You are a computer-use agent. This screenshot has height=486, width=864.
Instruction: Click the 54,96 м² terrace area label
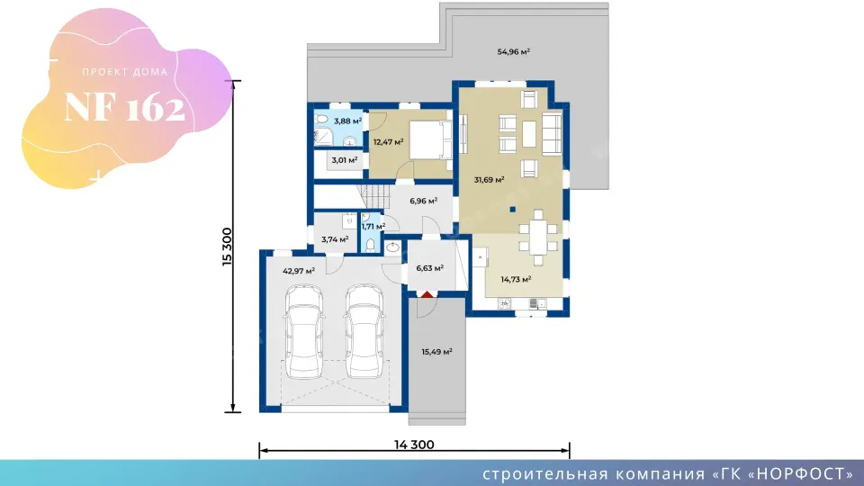[x=514, y=52]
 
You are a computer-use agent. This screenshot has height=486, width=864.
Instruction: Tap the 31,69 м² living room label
[x=490, y=180]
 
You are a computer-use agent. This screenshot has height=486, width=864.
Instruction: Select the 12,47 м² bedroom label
[x=389, y=142]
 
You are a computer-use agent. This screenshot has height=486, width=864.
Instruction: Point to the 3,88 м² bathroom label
[x=347, y=121]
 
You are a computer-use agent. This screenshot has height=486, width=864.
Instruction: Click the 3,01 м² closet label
[x=345, y=160]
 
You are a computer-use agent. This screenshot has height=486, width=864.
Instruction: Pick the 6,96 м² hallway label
[x=424, y=201]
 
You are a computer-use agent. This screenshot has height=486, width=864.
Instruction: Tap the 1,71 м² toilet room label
[x=373, y=227]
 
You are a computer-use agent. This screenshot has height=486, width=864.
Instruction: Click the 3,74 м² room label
[x=335, y=239]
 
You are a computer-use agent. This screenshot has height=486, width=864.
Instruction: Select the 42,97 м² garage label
[x=299, y=271]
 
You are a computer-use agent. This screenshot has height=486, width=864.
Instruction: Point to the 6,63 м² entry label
[x=430, y=268]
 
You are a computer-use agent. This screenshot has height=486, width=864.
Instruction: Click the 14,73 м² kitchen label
[x=516, y=279]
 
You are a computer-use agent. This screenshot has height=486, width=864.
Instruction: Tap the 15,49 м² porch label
[x=437, y=352]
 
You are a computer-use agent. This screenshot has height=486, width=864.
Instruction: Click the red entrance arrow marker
[x=427, y=295]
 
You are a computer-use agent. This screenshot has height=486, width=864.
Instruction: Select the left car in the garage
[x=303, y=331]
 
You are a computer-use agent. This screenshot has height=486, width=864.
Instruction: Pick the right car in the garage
[x=364, y=331]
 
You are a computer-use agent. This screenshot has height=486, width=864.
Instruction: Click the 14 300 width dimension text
[x=414, y=445]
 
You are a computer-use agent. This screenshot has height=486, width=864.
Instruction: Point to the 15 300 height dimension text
[x=227, y=247]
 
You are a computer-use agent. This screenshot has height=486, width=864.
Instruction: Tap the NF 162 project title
[x=124, y=107]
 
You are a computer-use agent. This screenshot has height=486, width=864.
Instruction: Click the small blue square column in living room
[x=512, y=210]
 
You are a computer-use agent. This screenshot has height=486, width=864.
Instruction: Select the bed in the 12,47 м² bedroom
[x=430, y=140]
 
